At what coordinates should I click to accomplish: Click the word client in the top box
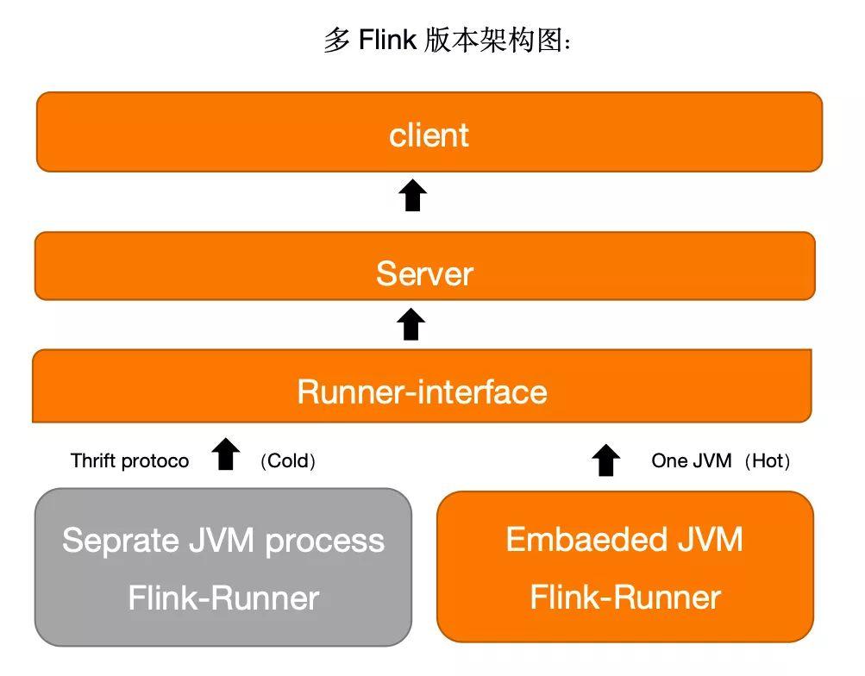point(429,135)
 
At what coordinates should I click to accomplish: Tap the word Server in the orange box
point(424,274)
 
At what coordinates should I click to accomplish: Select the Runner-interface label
point(422,392)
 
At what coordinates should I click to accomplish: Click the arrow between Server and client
point(413,196)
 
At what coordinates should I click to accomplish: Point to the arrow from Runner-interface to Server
point(411,324)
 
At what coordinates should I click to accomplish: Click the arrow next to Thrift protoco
point(226,454)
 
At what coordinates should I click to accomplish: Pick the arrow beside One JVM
point(606,460)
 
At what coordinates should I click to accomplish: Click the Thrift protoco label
point(129,461)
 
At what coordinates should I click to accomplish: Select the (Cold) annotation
point(288,461)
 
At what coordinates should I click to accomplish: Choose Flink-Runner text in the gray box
point(223,598)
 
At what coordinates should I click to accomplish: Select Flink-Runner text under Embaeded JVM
point(624,598)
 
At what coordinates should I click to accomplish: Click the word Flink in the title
point(387,40)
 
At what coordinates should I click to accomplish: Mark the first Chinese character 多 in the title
point(336,40)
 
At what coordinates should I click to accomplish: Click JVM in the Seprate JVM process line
point(222,541)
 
